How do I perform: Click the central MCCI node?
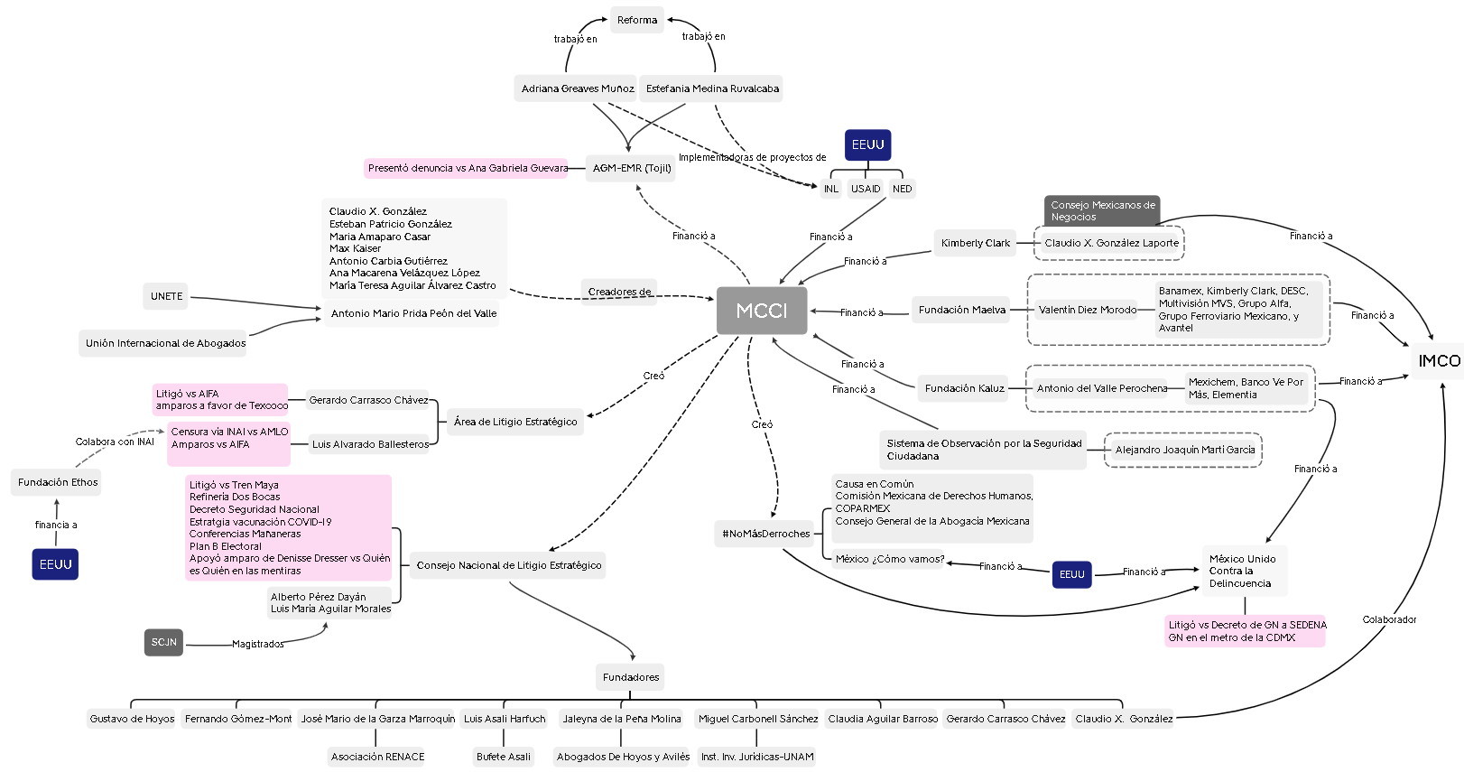(x=762, y=311)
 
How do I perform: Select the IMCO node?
(x=1439, y=361)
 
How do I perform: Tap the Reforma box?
(x=637, y=20)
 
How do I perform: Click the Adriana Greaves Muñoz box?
(x=577, y=88)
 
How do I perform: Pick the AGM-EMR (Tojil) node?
(x=632, y=168)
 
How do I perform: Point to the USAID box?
(x=866, y=189)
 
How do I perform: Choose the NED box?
(x=903, y=189)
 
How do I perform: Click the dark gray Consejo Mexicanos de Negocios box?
(x=1102, y=210)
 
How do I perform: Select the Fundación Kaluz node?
(x=964, y=388)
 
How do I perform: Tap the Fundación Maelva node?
(x=961, y=310)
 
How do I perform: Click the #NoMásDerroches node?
(x=765, y=534)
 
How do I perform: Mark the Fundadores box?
(x=631, y=677)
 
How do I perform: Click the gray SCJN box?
(x=163, y=642)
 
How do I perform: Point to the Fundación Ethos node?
(x=58, y=482)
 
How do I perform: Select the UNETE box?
(x=166, y=296)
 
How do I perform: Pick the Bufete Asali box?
(x=504, y=757)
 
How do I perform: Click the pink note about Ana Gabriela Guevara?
(x=467, y=168)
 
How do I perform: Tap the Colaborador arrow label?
(x=1389, y=619)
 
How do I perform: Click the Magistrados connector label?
(x=257, y=644)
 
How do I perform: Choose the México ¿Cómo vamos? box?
(x=889, y=559)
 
